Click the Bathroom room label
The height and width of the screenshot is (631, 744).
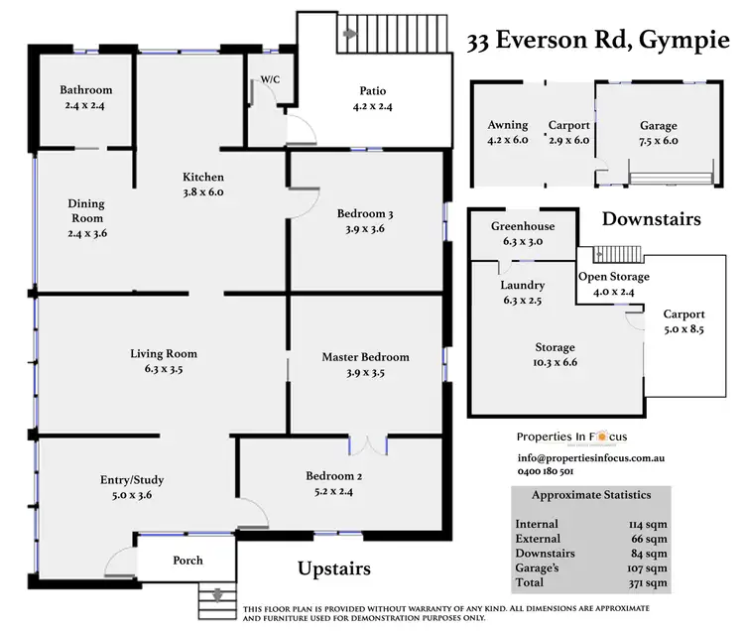point(84,90)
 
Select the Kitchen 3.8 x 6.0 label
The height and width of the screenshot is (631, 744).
point(201,185)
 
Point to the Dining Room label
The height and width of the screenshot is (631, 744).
point(85,210)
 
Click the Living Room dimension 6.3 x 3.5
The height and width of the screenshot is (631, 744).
point(164,368)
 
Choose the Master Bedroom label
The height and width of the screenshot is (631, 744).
point(365,357)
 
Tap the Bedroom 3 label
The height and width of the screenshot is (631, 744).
point(365,213)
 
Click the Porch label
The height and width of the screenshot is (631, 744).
point(187,561)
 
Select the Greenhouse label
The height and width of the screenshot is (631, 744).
point(523,226)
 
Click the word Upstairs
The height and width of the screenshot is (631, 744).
point(334,569)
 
